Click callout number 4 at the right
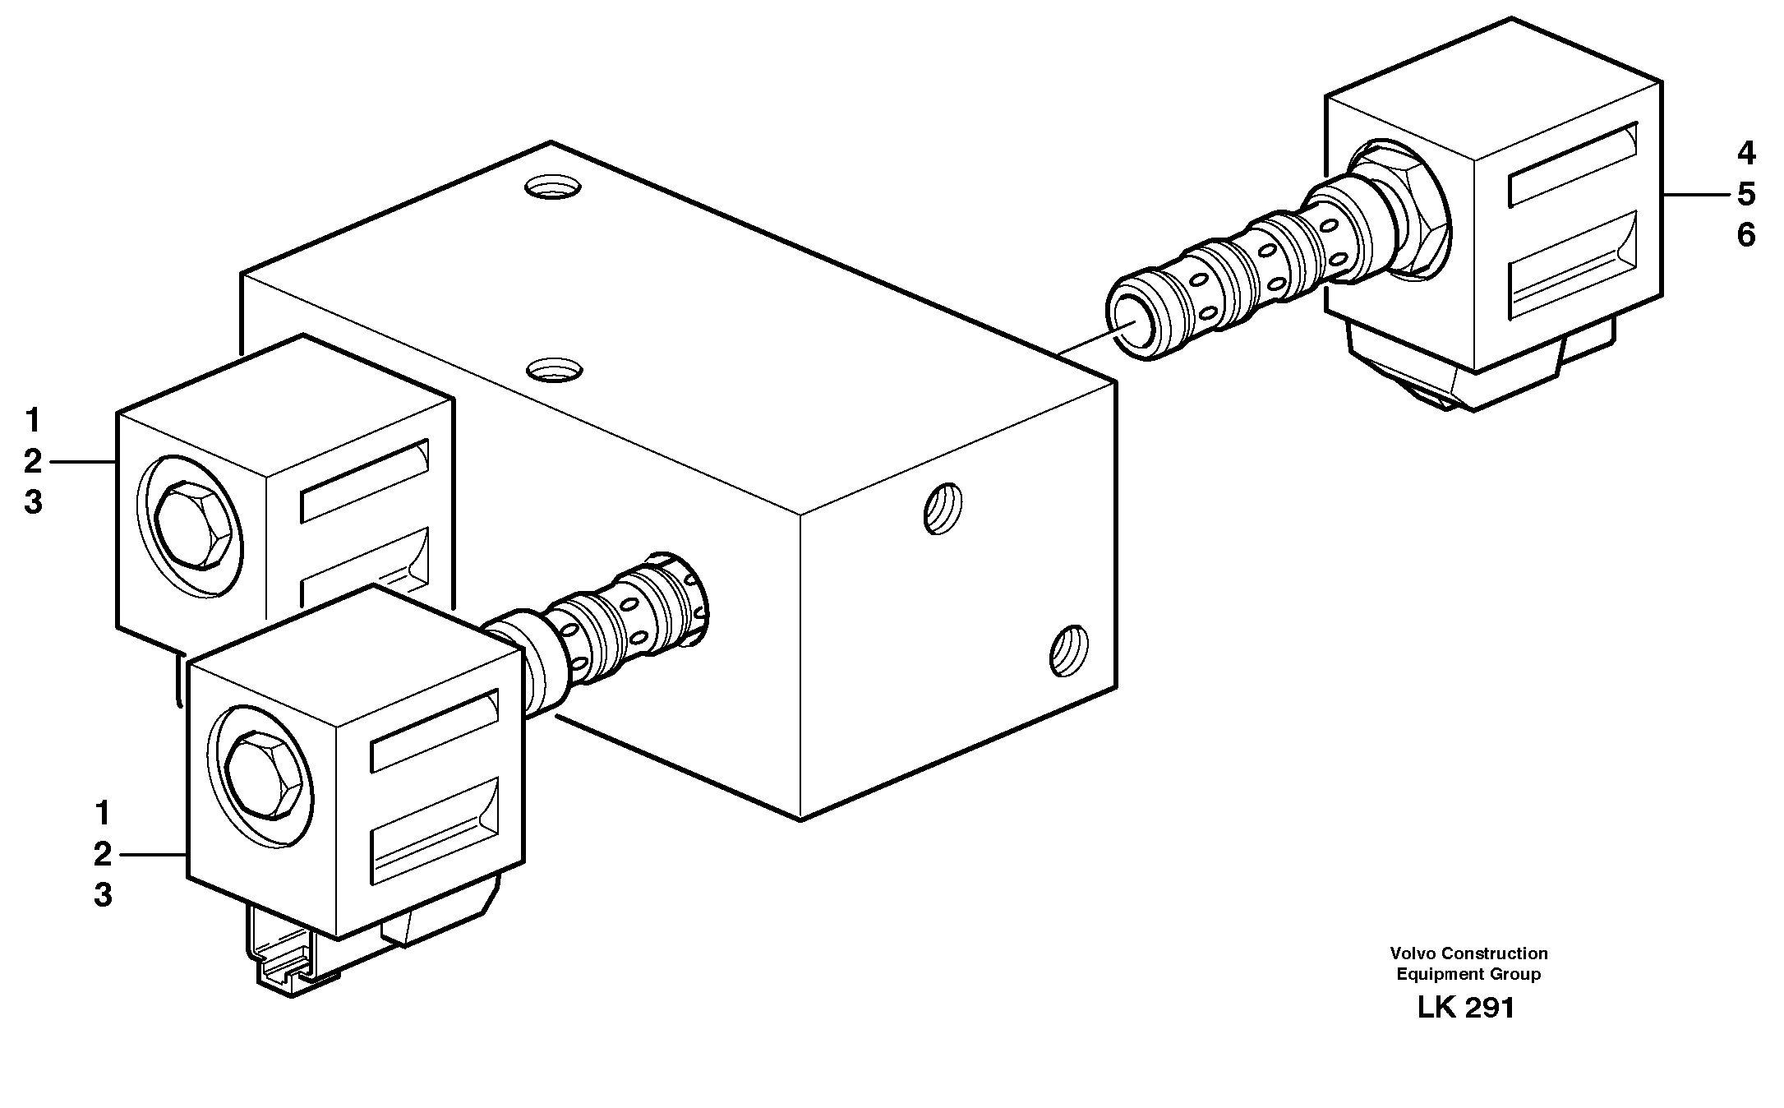click(1746, 154)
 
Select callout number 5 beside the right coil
click(1746, 195)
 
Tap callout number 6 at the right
click(1746, 236)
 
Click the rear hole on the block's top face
click(553, 188)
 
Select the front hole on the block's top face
click(553, 370)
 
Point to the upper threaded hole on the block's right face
click(943, 509)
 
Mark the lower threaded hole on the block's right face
click(1068, 650)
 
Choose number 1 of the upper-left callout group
click(32, 422)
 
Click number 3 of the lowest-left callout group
click(102, 896)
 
